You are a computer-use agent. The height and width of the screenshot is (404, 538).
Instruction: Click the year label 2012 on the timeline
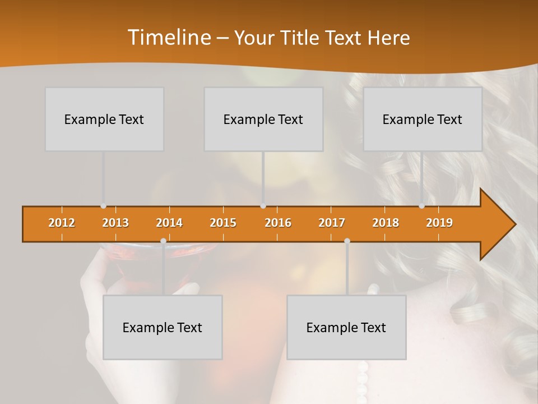click(x=62, y=223)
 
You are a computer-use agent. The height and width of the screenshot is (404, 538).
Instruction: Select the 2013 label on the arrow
click(x=115, y=223)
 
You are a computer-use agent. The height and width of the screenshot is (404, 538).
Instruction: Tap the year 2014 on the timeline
click(x=169, y=223)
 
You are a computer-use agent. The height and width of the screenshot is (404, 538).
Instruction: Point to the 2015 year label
click(x=223, y=223)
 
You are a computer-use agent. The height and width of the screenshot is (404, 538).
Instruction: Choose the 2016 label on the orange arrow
click(x=278, y=223)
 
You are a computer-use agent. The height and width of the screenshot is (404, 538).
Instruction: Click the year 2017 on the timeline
click(x=332, y=223)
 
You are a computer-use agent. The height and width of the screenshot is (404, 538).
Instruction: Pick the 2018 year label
click(x=386, y=223)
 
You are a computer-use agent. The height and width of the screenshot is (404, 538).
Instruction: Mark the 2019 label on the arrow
click(x=439, y=223)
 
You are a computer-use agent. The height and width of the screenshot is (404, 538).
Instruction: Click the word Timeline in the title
click(x=168, y=38)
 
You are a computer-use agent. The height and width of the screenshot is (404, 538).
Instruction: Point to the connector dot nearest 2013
click(x=104, y=206)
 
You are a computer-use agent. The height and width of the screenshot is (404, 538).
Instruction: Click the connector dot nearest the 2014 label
click(x=163, y=241)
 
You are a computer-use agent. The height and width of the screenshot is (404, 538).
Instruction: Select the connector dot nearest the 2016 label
click(x=263, y=206)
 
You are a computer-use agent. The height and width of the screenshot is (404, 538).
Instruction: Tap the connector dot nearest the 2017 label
click(x=347, y=241)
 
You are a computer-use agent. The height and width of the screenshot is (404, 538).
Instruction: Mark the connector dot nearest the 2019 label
click(x=422, y=206)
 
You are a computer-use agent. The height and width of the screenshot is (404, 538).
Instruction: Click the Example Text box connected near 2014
click(x=163, y=327)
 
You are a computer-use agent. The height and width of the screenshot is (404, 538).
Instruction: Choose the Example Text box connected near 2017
click(x=346, y=327)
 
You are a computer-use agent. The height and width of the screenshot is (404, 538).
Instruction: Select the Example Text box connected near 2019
click(x=423, y=119)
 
